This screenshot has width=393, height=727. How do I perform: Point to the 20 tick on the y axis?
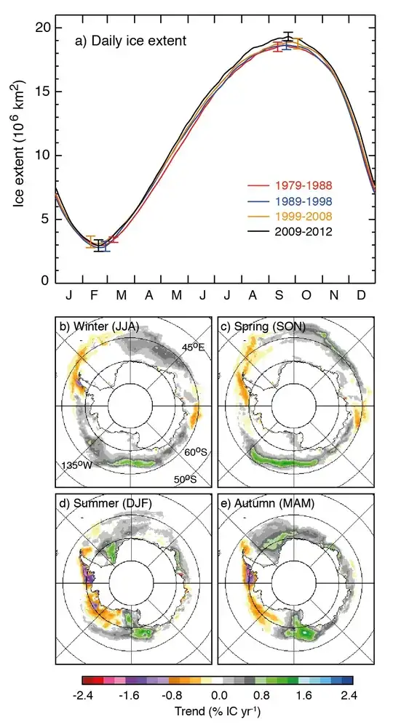tap(43, 28)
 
